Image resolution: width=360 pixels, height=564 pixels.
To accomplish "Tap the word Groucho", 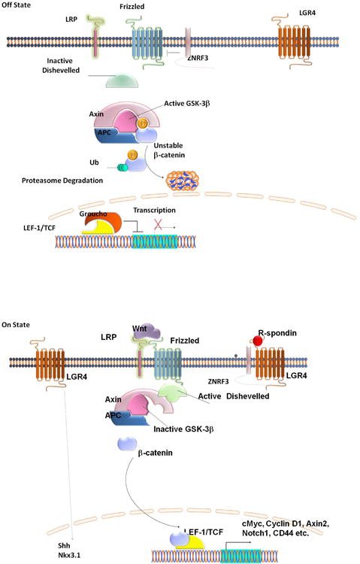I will [x=92, y=213].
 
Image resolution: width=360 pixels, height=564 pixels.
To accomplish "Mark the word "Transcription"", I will [x=160, y=211].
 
